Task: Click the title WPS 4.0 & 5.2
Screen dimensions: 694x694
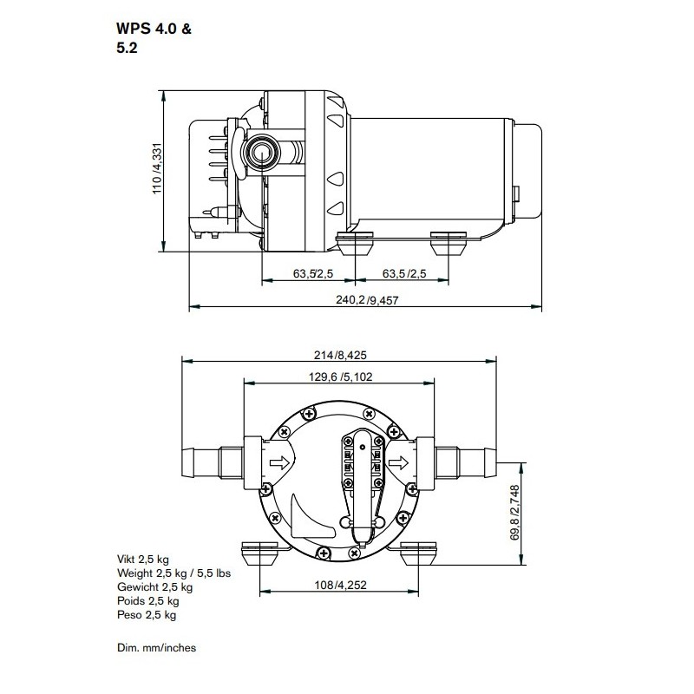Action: click(154, 38)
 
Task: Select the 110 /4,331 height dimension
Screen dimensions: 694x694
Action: click(157, 168)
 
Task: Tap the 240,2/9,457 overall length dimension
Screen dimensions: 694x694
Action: click(367, 300)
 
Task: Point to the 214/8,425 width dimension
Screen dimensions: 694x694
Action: click(340, 355)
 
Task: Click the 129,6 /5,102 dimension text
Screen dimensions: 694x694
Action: click(340, 377)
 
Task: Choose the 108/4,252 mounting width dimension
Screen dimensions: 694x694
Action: click(340, 585)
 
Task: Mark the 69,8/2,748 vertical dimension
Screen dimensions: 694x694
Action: click(514, 513)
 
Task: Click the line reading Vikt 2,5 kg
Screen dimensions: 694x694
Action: click(143, 560)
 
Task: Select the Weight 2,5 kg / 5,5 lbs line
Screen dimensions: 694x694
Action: click(174, 573)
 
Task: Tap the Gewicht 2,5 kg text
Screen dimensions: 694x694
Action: click(155, 587)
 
